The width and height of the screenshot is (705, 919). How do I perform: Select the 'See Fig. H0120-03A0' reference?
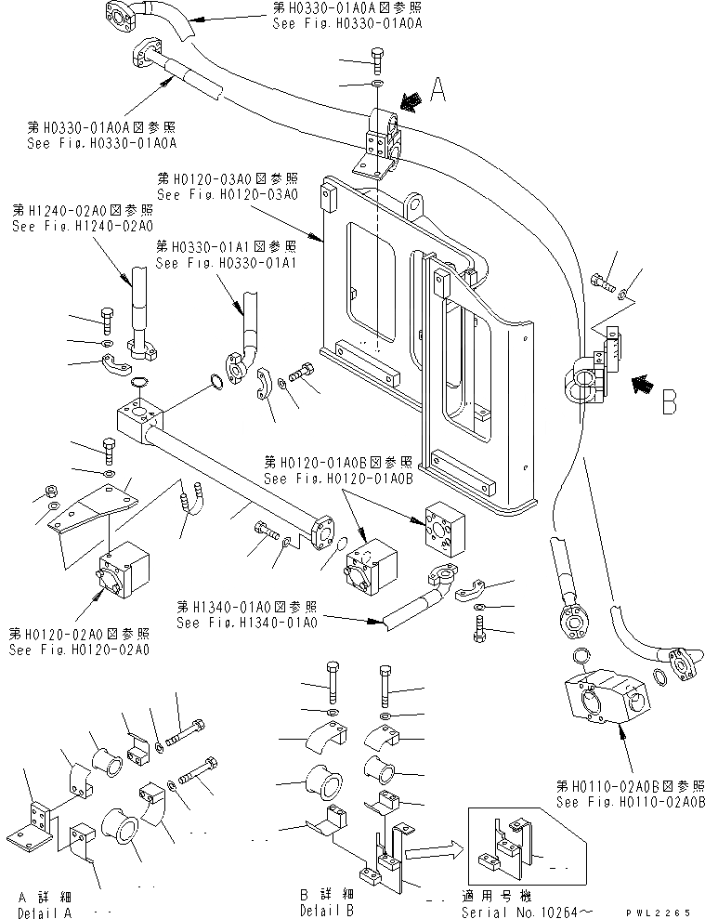coord(228,195)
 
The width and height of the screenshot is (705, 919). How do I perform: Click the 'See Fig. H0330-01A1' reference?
coord(226,264)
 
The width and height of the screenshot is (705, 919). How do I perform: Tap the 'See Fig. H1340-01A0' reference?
coord(246,622)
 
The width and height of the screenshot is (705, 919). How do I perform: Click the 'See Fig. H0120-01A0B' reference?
coord(337,479)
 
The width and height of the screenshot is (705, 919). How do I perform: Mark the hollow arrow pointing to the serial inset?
coord(433,847)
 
